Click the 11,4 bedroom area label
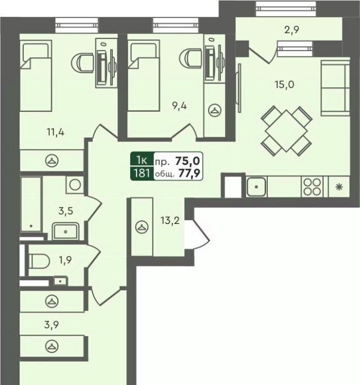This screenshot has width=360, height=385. click(x=56, y=133)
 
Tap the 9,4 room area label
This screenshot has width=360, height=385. click(x=179, y=106)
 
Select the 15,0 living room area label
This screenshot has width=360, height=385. click(x=284, y=85)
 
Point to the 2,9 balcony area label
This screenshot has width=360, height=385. click(x=292, y=30)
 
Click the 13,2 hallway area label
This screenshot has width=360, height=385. click(x=170, y=221)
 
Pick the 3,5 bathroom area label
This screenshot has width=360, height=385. click(x=66, y=211)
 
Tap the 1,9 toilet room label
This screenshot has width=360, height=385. click(x=65, y=260)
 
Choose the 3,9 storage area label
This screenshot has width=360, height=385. click(x=52, y=325)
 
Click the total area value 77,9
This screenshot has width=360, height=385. click(x=189, y=174)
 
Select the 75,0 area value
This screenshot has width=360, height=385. click(x=188, y=161)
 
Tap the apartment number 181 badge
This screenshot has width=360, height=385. click(x=142, y=174)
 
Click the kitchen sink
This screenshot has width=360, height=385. click(x=256, y=187)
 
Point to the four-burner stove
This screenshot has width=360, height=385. click(x=312, y=187)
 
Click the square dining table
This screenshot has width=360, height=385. click(x=286, y=131)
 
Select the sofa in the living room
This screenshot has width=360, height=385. click(x=335, y=88)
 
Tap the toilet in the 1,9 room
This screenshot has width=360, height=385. click(x=39, y=261)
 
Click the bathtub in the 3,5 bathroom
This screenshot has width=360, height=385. click(x=31, y=204)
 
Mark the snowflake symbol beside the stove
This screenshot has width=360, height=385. click(x=339, y=187)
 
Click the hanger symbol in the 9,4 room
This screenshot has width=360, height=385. click(x=215, y=110)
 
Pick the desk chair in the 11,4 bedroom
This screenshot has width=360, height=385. click(x=82, y=63)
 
